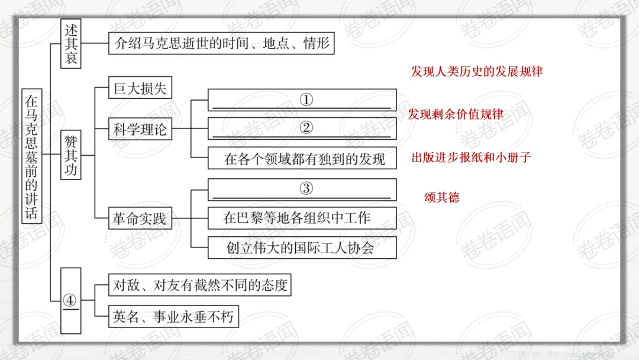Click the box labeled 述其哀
tap(70, 44)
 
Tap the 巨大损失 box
tap(140, 89)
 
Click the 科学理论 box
tap(140, 128)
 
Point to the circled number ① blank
tap(302, 99)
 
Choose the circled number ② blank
tap(302, 128)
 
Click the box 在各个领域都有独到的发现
tap(302, 158)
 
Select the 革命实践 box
tap(140, 219)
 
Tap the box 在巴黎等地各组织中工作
tap(302, 218)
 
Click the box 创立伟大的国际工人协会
tap(302, 247)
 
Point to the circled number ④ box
tap(70, 301)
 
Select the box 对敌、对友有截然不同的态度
tap(200, 285)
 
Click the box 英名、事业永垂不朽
tap(173, 317)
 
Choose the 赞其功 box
tap(70, 156)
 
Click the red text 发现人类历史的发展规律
tap(477, 72)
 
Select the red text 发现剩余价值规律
tap(456, 114)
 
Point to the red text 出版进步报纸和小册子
tap(472, 157)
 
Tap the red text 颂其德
tap(441, 198)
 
